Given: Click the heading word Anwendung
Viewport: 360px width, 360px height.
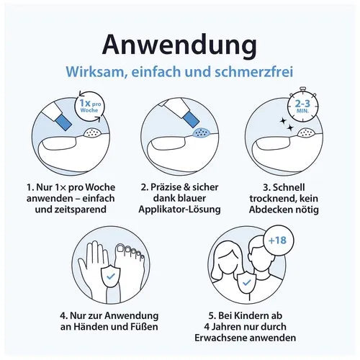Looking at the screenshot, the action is (x=179, y=45).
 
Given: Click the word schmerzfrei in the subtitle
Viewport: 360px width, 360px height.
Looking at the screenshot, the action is (x=253, y=71).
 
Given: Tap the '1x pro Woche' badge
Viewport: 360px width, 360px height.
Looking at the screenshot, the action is (x=89, y=106).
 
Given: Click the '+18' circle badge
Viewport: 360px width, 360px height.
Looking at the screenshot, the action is (x=278, y=240).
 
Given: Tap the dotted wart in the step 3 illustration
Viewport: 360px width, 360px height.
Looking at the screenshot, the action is (x=307, y=132).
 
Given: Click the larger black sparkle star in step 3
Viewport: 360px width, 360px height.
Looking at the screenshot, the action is (x=290, y=127).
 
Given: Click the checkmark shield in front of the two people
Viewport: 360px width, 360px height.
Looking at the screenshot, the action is (x=246, y=283).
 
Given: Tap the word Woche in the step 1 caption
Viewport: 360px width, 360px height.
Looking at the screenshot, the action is (x=100, y=187).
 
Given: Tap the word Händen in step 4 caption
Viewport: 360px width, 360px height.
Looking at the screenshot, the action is (x=88, y=327).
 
